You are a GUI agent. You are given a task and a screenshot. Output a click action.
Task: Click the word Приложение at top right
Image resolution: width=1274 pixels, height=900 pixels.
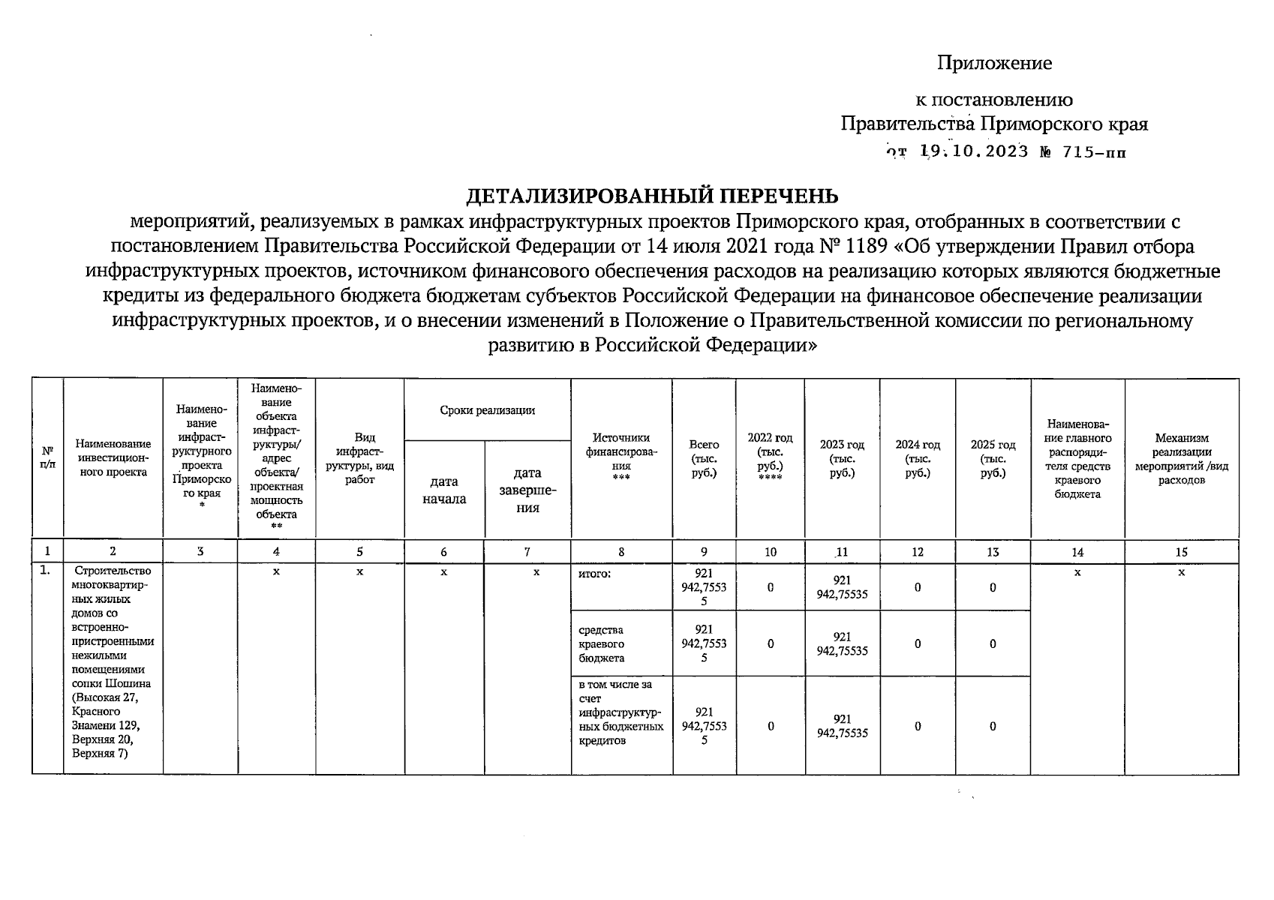click(x=994, y=63)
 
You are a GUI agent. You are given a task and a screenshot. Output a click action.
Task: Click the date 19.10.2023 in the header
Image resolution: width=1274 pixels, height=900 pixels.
click(x=974, y=151)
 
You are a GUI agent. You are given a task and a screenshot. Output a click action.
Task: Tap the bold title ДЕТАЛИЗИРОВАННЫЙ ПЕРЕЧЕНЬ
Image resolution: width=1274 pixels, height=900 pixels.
click(x=651, y=196)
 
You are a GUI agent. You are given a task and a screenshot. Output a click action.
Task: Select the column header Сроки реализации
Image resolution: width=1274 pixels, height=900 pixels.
click(x=487, y=409)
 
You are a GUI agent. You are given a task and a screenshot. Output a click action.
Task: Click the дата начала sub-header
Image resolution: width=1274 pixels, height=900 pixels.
click(x=444, y=490)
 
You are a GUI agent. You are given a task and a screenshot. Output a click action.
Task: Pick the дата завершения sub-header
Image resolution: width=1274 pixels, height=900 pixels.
click(x=527, y=490)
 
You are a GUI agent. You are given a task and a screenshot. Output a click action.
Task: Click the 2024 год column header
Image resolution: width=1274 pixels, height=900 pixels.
click(x=917, y=458)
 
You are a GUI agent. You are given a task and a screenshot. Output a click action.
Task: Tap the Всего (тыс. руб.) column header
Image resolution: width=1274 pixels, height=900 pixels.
click(x=703, y=458)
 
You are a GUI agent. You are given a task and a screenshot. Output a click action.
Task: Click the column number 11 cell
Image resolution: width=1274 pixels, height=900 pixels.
click(x=842, y=552)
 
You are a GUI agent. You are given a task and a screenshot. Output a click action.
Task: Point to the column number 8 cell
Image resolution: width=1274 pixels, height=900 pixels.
click(x=620, y=552)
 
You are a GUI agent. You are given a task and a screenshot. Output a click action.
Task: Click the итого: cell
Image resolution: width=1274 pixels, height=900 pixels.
click(x=595, y=574)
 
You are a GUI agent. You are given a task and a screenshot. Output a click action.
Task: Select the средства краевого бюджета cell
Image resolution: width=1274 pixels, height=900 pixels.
click(x=602, y=643)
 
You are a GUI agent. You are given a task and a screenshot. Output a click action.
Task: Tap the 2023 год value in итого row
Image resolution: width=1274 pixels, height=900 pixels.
click(x=842, y=587)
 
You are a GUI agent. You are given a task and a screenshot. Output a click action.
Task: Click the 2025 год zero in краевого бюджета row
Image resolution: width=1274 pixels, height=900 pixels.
click(x=992, y=643)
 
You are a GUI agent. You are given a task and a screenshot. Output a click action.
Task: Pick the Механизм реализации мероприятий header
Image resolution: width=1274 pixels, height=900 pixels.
click(x=1181, y=458)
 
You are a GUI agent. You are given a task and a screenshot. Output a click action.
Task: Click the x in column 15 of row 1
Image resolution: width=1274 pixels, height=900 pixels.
click(x=1181, y=572)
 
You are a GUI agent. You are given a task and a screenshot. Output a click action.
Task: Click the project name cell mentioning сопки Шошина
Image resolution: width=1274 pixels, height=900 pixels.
click(x=113, y=662)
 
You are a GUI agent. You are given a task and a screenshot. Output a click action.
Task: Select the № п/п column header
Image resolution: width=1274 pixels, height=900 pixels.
click(x=47, y=458)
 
